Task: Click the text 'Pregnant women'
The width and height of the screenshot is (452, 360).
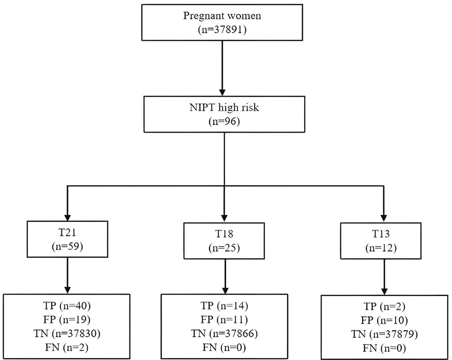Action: click(222, 16)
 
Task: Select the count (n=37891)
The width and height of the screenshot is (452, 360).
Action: click(222, 30)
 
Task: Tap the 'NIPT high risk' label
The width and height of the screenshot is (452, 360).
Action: click(224, 107)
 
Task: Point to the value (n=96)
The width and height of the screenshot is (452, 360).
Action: click(224, 121)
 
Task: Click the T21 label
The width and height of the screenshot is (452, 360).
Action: click(67, 232)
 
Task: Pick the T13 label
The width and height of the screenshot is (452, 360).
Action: click(381, 234)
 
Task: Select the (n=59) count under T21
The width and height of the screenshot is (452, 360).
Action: click(67, 246)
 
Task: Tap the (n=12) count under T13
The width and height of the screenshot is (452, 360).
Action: click(381, 248)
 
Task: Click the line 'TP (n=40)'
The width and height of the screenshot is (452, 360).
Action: click(67, 305)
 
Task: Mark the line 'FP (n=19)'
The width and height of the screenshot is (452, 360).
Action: click(67, 319)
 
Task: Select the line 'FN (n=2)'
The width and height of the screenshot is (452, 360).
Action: click(67, 348)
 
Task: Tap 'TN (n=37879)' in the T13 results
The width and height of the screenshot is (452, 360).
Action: click(384, 334)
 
